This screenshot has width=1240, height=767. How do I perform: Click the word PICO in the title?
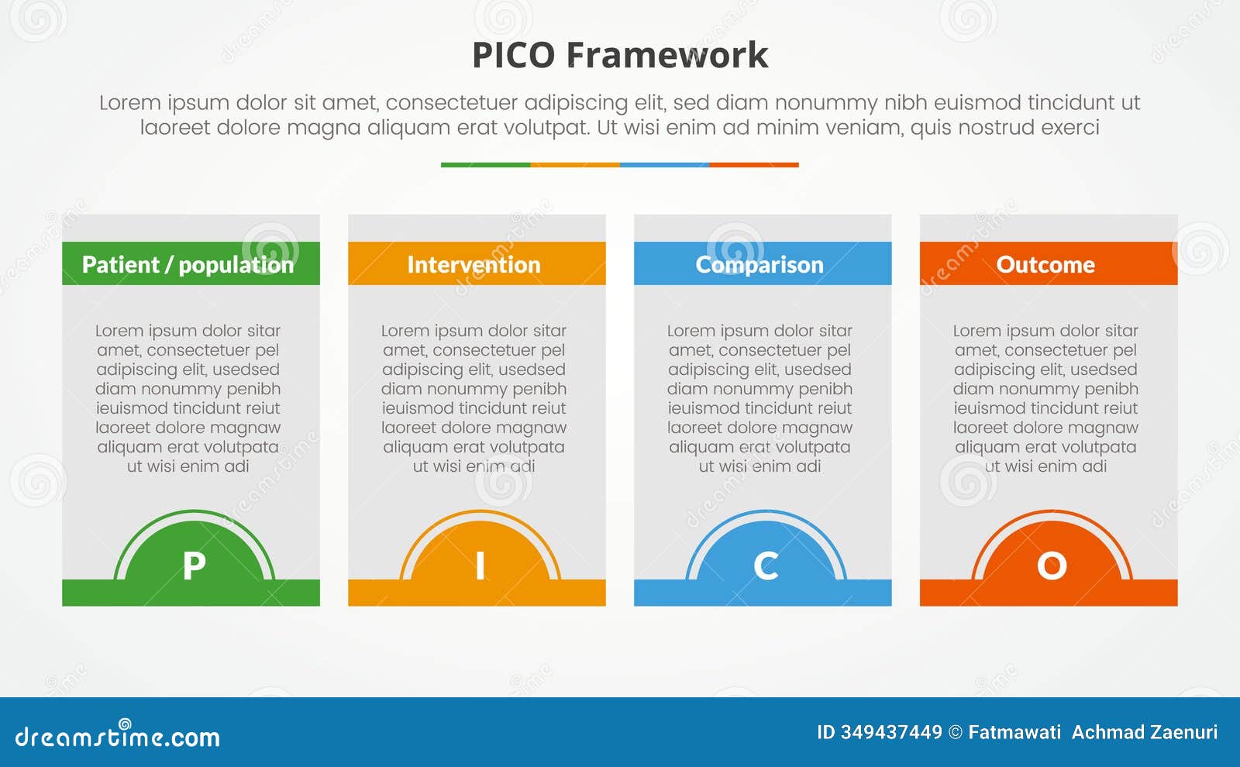tap(513, 55)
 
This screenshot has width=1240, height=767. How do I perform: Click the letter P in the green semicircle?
tap(194, 566)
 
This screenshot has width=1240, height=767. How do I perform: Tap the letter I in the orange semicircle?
tap(480, 566)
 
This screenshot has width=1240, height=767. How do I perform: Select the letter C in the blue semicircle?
tap(766, 566)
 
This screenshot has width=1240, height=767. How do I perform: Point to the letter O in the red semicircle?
tap(1052, 566)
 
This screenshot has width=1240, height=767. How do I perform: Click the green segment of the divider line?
tap(485, 164)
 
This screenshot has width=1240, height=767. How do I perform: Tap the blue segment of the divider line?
tap(664, 164)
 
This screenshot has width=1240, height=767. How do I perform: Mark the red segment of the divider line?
tap(753, 164)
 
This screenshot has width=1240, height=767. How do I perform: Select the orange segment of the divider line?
tap(575, 164)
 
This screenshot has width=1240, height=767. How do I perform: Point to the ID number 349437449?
tap(891, 732)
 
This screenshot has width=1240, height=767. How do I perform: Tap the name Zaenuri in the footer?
tap(1185, 732)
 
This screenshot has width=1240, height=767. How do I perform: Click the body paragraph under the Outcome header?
tap(1045, 398)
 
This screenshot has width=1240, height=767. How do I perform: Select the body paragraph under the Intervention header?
tap(474, 398)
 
